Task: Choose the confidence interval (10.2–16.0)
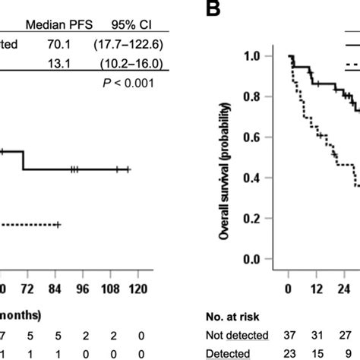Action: (126, 64)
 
